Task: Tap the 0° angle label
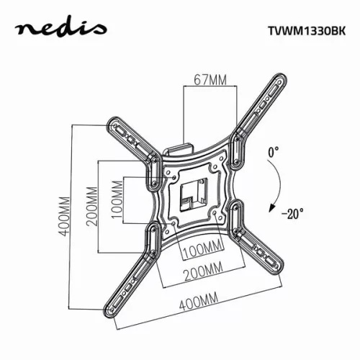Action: (x=272, y=153)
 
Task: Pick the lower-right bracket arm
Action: (x=256, y=238)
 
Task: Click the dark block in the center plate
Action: (x=189, y=193)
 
